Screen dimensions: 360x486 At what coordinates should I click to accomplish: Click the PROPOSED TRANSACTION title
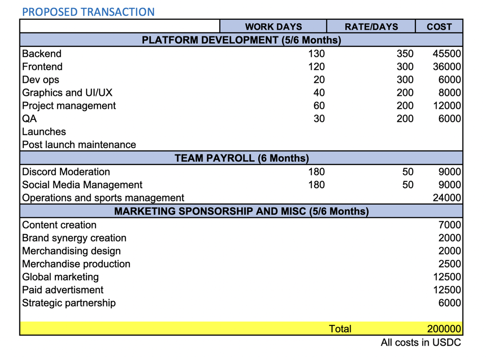pos(88,12)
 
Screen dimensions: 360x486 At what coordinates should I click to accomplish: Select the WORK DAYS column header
pos(273,27)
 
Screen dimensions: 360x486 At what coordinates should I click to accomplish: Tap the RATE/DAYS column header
pos(371,27)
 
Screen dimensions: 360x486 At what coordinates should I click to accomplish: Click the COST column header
pos(439,27)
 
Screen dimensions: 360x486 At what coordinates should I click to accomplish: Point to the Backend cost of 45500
pos(446,54)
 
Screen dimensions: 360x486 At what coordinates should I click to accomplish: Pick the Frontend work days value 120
pos(316,67)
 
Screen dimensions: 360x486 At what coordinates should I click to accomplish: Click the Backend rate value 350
pos(405,54)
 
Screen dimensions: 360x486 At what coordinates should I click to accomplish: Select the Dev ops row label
pos(40,80)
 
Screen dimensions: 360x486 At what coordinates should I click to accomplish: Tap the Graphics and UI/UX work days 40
pos(319,93)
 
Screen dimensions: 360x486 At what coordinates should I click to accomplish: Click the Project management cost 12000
pos(446,106)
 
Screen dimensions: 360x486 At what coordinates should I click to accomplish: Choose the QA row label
pos(30,119)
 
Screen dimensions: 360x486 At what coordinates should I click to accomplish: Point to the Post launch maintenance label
pos(79,145)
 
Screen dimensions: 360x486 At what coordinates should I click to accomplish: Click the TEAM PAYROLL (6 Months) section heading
pos(242,158)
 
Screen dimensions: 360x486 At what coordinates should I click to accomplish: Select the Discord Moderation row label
pos(66,172)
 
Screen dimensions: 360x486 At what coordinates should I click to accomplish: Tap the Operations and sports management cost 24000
pos(446,198)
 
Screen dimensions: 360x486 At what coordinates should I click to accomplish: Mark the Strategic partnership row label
pos(69,303)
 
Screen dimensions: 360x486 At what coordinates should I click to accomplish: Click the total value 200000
pos(444,329)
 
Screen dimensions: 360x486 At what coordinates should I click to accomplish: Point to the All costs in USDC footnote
pos(421,343)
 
